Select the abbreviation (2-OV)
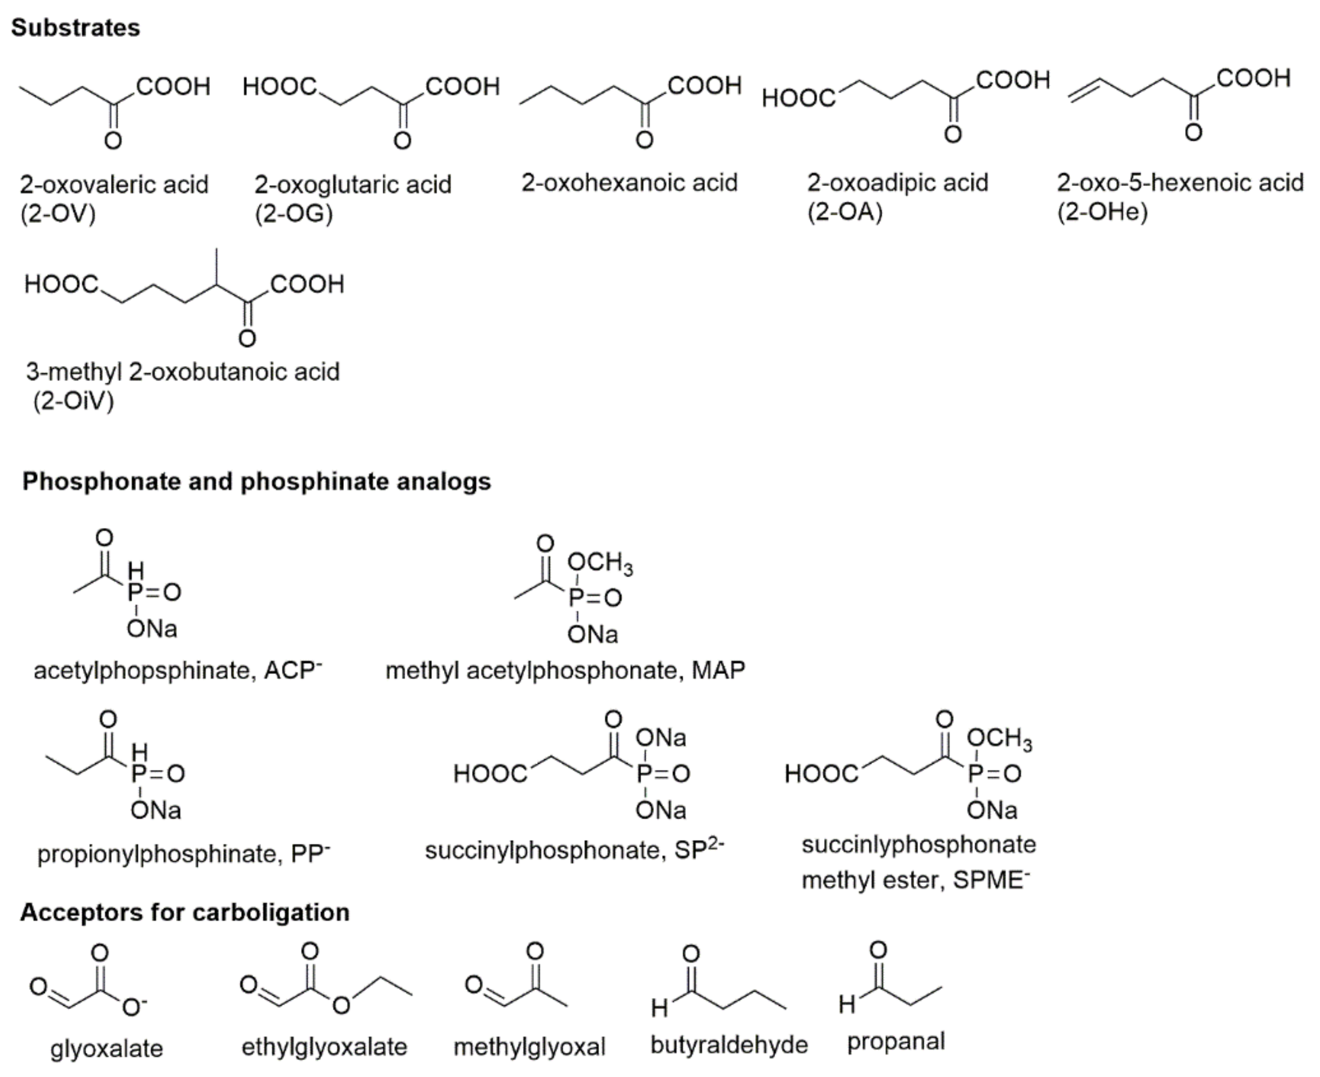(58, 214)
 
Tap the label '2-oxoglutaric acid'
(352, 184)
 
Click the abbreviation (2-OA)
(844, 212)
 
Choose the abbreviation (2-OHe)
(1102, 212)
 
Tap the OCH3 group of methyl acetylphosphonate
(600, 563)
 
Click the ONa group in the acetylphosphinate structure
(152, 629)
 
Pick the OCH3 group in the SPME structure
(999, 738)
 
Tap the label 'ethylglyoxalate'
(324, 1047)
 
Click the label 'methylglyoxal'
(529, 1047)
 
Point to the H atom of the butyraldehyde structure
(659, 1009)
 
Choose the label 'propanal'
(895, 1042)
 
